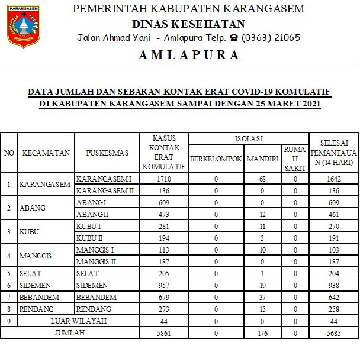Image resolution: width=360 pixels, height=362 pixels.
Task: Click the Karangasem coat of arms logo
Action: point(24,26)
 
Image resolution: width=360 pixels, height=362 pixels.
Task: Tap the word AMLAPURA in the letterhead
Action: point(189,55)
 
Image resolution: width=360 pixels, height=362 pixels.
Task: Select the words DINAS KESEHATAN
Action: point(188,24)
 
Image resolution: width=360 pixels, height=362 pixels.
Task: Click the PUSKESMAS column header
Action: point(107,153)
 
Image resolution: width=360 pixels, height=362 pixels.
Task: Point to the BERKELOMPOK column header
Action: point(216,159)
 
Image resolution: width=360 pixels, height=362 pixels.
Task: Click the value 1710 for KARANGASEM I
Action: point(163,179)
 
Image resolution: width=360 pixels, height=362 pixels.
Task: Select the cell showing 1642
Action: point(334,179)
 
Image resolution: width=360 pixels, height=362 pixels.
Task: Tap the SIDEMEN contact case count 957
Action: point(163,285)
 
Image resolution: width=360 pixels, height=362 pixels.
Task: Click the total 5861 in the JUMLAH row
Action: point(163,333)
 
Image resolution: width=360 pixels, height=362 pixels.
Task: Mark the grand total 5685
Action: point(334,333)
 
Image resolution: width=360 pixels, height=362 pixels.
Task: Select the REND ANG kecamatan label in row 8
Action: point(37,309)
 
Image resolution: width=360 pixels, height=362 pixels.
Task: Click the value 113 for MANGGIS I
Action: point(163,250)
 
